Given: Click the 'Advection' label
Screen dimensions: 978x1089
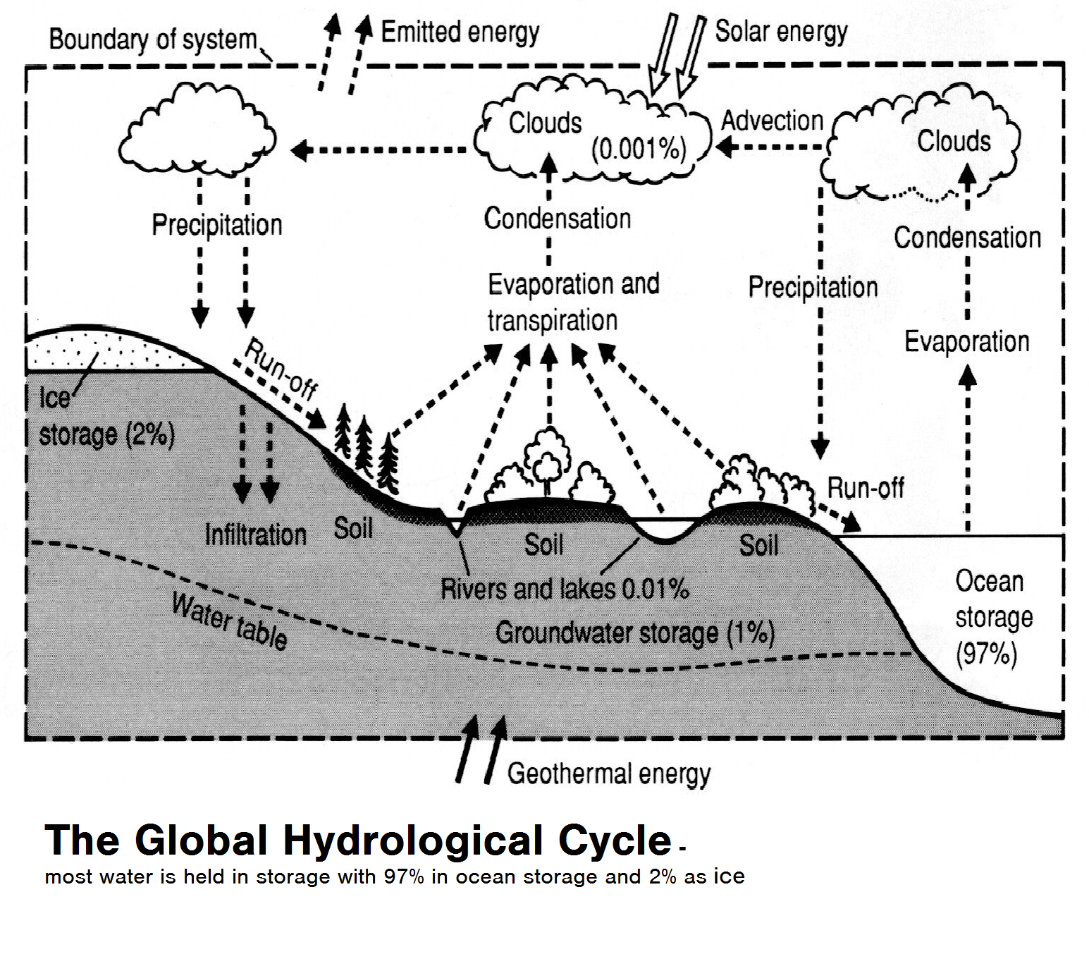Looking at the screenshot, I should coord(772,121).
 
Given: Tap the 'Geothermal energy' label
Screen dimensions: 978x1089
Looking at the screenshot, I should coord(608,774).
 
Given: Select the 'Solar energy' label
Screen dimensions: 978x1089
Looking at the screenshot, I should coord(781,32).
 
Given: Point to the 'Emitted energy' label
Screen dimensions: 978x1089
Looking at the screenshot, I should coord(460,32).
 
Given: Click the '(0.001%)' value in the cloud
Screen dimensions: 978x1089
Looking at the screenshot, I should coord(639,149).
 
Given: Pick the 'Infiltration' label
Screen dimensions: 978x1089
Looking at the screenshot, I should coord(255,534).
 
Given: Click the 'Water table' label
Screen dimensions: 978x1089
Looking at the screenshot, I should coord(230,621).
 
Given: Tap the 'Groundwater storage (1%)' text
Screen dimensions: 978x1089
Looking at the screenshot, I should coord(634,632).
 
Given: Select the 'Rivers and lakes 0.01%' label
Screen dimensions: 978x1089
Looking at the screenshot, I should coord(565,589).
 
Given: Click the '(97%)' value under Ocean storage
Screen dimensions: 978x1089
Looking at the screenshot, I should coord(986,654).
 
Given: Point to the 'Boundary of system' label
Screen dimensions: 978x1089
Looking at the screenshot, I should coord(153,39).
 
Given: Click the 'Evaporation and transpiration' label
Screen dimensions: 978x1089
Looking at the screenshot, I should coord(572,302).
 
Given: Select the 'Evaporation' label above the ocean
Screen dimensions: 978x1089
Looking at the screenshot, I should coord(966,342).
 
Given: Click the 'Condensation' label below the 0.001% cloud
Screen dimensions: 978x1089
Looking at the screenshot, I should coord(557,219).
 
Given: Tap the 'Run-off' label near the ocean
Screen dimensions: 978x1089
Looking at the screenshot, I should coord(865,487).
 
